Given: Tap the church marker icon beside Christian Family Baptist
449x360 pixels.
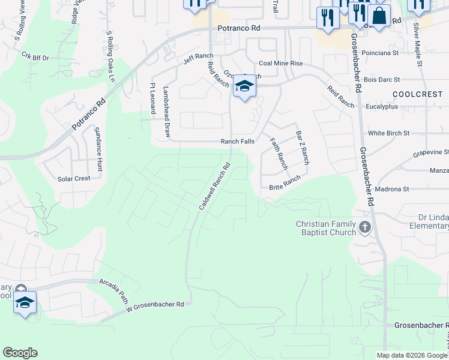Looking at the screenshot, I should (365, 227).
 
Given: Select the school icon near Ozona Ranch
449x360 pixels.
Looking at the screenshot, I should (244, 88).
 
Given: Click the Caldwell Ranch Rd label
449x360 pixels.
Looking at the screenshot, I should (215, 187).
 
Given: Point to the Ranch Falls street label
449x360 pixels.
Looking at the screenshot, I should (238, 142).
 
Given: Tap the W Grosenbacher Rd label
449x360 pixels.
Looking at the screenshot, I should (155, 307).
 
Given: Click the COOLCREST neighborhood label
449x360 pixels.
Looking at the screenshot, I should (418, 95).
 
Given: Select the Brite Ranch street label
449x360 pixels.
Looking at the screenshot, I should (285, 182).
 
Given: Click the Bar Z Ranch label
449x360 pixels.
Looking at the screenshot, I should (303, 148).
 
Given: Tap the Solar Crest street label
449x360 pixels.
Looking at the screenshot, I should (74, 178).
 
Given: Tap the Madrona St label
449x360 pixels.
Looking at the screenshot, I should (391, 189).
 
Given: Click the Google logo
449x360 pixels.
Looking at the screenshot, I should (20, 353).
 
